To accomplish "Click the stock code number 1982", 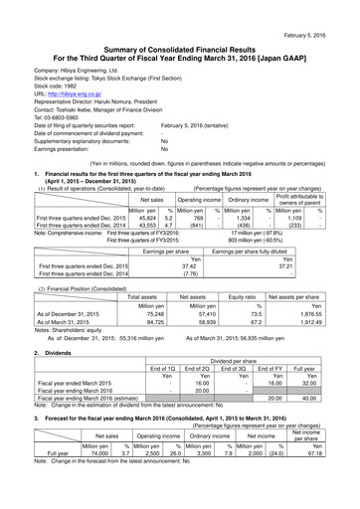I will [x=73, y=73].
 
